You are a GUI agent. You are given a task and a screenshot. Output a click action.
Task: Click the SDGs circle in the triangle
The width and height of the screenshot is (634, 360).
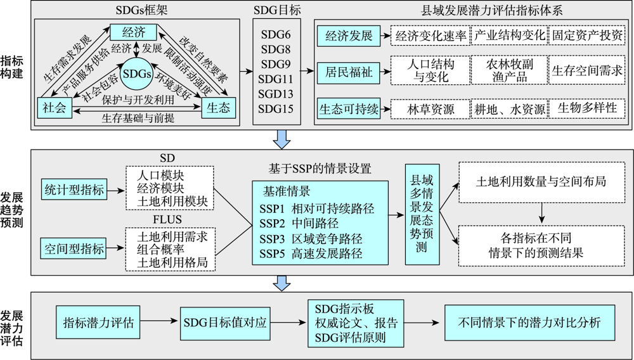pyautogui.click(x=137, y=74)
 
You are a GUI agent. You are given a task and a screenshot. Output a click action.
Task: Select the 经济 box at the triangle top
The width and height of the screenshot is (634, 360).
pyautogui.click(x=133, y=32)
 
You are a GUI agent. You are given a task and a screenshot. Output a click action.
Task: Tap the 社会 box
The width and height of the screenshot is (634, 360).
pyautogui.click(x=55, y=108)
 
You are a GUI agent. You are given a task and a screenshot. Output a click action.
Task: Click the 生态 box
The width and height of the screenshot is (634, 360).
pyautogui.click(x=218, y=108)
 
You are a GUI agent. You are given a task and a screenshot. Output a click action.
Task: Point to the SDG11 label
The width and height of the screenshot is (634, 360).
pyautogui.click(x=276, y=79)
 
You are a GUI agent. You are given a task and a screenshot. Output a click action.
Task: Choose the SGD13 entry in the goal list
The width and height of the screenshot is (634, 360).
pyautogui.click(x=276, y=94)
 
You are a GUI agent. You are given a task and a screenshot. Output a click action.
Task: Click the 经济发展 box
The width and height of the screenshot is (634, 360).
pyautogui.click(x=349, y=35)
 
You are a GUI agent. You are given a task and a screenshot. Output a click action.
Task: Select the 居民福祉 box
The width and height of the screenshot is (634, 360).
pyautogui.click(x=349, y=72)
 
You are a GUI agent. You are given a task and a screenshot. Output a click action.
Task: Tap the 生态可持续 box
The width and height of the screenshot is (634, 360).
pyautogui.click(x=349, y=108)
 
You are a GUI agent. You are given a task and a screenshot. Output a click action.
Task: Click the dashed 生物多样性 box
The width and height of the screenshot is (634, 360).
pyautogui.click(x=587, y=108)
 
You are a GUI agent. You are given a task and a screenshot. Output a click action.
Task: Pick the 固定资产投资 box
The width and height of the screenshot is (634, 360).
pyautogui.click(x=587, y=35)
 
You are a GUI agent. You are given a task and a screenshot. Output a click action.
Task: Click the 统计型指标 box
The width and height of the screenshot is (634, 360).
pyautogui.click(x=74, y=190)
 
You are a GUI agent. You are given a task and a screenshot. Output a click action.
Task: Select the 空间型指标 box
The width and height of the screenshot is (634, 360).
pyautogui.click(x=74, y=248)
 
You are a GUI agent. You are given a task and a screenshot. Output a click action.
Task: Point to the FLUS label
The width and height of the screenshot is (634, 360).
pyautogui.click(x=167, y=220)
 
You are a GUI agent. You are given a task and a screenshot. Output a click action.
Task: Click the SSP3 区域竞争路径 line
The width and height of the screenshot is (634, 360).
pyautogui.click(x=311, y=239)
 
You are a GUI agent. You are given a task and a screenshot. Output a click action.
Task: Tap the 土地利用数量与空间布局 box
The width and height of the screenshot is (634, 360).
pyautogui.click(x=541, y=183)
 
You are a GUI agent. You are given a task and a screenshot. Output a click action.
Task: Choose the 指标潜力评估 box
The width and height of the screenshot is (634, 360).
pyautogui.click(x=98, y=323)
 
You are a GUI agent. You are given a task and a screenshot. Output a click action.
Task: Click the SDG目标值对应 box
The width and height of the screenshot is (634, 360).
pyautogui.click(x=225, y=323)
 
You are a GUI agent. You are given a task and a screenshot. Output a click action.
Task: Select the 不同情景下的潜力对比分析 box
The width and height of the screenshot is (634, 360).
pyautogui.click(x=529, y=322)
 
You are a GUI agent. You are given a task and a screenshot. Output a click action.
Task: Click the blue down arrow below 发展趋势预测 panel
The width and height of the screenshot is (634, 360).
pyautogui.click(x=282, y=283)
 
